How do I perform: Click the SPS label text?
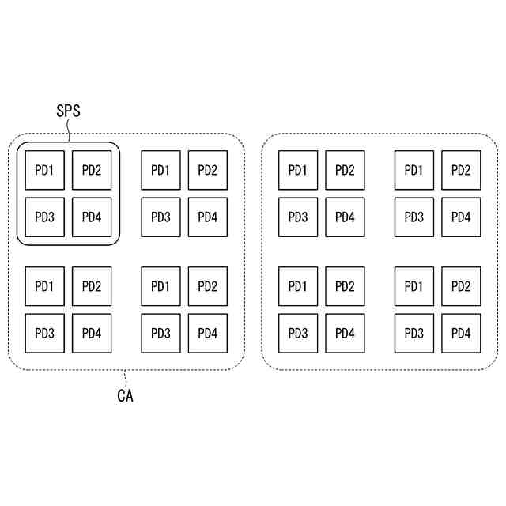pyautogui.click(x=67, y=111)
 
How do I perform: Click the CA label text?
pyautogui.click(x=125, y=396)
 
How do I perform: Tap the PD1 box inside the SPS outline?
pyautogui.click(x=45, y=170)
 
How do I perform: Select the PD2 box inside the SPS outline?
pyautogui.click(x=92, y=170)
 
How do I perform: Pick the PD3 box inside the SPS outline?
pyautogui.click(x=45, y=217)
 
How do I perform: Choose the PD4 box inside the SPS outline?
pyautogui.click(x=92, y=217)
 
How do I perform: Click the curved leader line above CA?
pyautogui.click(x=125, y=378)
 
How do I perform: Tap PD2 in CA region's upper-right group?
pyautogui.click(x=208, y=170)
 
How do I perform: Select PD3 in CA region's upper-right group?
pyautogui.click(x=161, y=217)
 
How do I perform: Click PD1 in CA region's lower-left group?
pyautogui.click(x=45, y=286)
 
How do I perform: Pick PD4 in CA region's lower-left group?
pyautogui.click(x=92, y=333)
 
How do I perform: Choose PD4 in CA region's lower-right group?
pyautogui.click(x=208, y=333)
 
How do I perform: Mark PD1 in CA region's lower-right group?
pyautogui.click(x=161, y=286)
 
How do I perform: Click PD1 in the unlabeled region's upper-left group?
pyautogui.click(x=298, y=170)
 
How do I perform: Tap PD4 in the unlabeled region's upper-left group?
pyautogui.click(x=345, y=217)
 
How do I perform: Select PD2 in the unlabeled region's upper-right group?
pyautogui.click(x=461, y=170)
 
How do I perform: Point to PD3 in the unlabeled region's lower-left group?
pyautogui.click(x=298, y=333)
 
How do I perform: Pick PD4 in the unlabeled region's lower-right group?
pyautogui.click(x=461, y=333)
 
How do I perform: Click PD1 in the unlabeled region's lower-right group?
pyautogui.click(x=414, y=286)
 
